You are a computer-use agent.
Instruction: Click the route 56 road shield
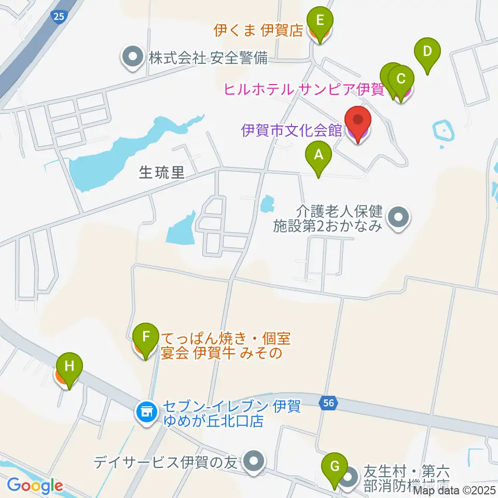[327, 403]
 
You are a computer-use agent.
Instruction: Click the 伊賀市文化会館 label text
[292, 130]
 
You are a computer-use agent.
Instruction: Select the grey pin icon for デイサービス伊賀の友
[254, 461]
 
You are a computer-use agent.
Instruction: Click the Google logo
[35, 486]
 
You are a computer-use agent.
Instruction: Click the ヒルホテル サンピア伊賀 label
[303, 89]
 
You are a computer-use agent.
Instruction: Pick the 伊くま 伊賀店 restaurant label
[258, 31]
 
